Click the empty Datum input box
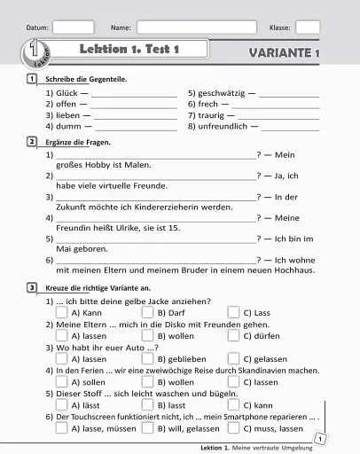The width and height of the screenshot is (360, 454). [x=73, y=27]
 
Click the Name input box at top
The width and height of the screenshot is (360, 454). [x=196, y=27]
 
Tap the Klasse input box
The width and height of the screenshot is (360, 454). [x=307, y=27]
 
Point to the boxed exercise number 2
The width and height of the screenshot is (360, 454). [x=32, y=141]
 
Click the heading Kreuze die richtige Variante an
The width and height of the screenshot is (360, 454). [x=98, y=288]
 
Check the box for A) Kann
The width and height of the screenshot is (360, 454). [x=61, y=312]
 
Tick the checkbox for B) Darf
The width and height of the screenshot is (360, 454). [x=147, y=312]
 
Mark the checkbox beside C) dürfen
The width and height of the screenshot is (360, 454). [x=233, y=335]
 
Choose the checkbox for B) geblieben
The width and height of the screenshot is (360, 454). [x=147, y=358]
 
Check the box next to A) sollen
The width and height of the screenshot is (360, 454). [x=61, y=381]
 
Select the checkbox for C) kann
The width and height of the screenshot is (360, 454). [x=233, y=404]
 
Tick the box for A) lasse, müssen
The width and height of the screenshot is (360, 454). [x=61, y=427]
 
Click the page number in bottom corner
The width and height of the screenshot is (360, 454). [x=319, y=439]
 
